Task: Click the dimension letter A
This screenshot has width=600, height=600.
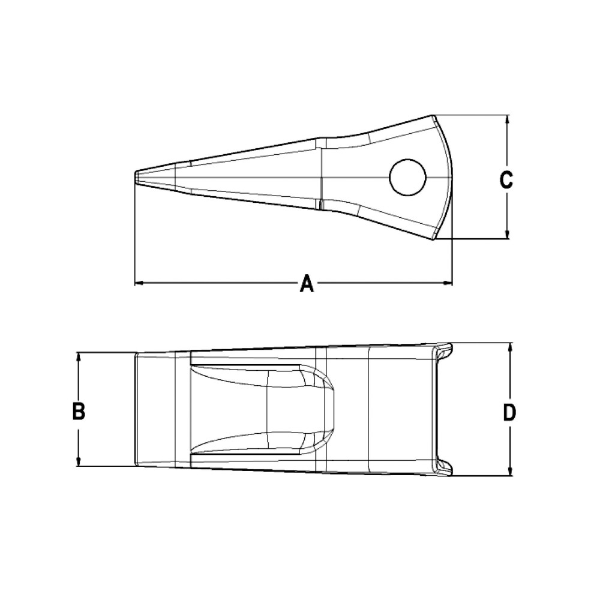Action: pyautogui.click(x=307, y=283)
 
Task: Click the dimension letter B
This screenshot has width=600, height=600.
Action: pyautogui.click(x=79, y=412)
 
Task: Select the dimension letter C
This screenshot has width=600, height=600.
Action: pyautogui.click(x=506, y=179)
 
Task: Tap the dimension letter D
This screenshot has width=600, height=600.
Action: pyautogui.click(x=509, y=412)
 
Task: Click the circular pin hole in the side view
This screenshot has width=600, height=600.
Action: pyautogui.click(x=407, y=177)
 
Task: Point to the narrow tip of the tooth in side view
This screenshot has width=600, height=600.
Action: pyautogui.click(x=136, y=178)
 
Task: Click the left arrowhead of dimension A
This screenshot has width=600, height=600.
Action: pyautogui.click(x=137, y=282)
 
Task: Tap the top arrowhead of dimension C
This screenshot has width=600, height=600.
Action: pyautogui.click(x=508, y=119)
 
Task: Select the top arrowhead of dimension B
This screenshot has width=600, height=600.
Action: pyautogui.click(x=79, y=356)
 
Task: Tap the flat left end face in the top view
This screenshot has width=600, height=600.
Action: pyautogui.click(x=136, y=409)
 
